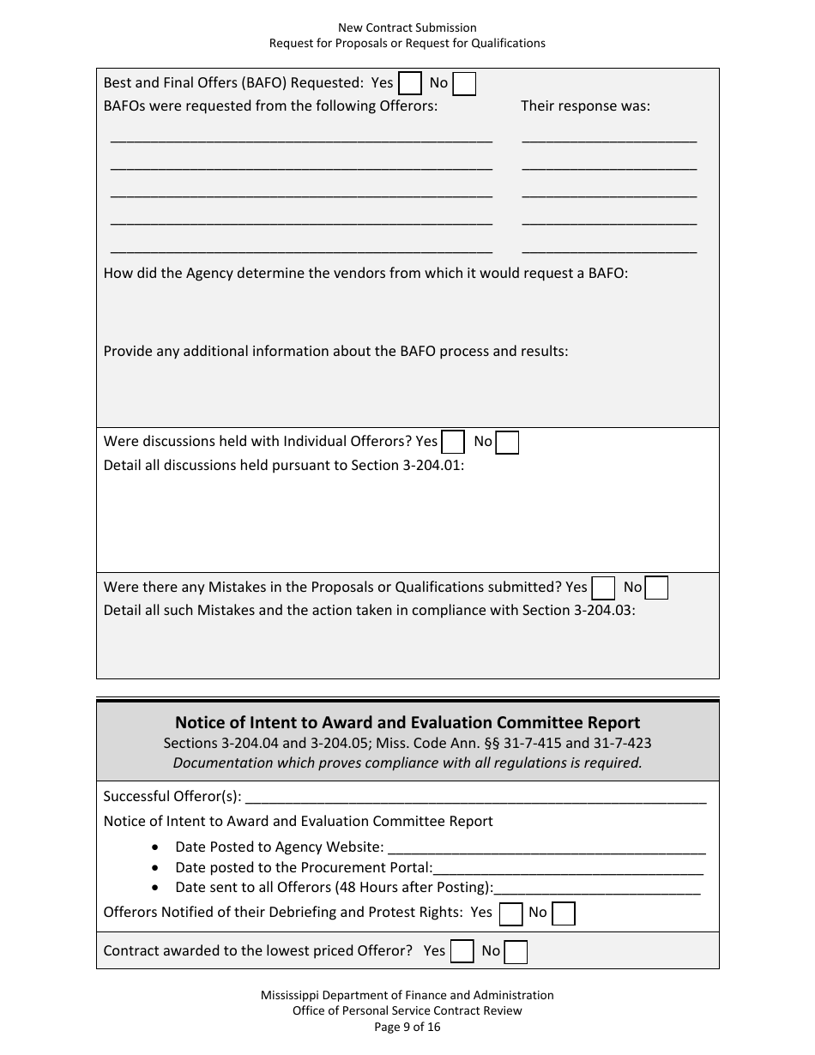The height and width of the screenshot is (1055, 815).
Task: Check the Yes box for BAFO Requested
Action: (x=410, y=83)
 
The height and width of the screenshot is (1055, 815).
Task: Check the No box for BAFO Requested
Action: (x=464, y=83)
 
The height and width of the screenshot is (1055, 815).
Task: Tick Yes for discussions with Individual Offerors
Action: (x=453, y=442)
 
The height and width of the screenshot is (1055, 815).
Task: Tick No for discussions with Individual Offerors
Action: (x=508, y=442)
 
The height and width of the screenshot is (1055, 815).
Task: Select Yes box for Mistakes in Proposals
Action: (x=604, y=588)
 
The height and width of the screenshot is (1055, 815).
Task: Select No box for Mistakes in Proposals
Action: (x=656, y=588)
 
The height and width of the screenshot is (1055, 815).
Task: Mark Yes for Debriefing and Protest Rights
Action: (x=511, y=913)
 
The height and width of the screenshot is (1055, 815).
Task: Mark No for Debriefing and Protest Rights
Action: (x=564, y=913)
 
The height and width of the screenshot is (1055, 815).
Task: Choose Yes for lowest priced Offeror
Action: (x=462, y=951)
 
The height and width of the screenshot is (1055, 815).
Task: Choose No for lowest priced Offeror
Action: (x=516, y=951)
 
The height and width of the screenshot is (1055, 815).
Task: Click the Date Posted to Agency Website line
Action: (x=546, y=848)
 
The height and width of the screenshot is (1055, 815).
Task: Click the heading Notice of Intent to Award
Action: (x=407, y=723)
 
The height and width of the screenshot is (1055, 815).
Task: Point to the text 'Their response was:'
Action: (x=586, y=106)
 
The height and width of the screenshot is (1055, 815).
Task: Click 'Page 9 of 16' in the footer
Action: (x=407, y=1027)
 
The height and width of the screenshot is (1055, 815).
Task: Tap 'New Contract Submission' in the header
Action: (x=407, y=28)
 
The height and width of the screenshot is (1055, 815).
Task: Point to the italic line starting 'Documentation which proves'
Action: (x=407, y=763)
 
